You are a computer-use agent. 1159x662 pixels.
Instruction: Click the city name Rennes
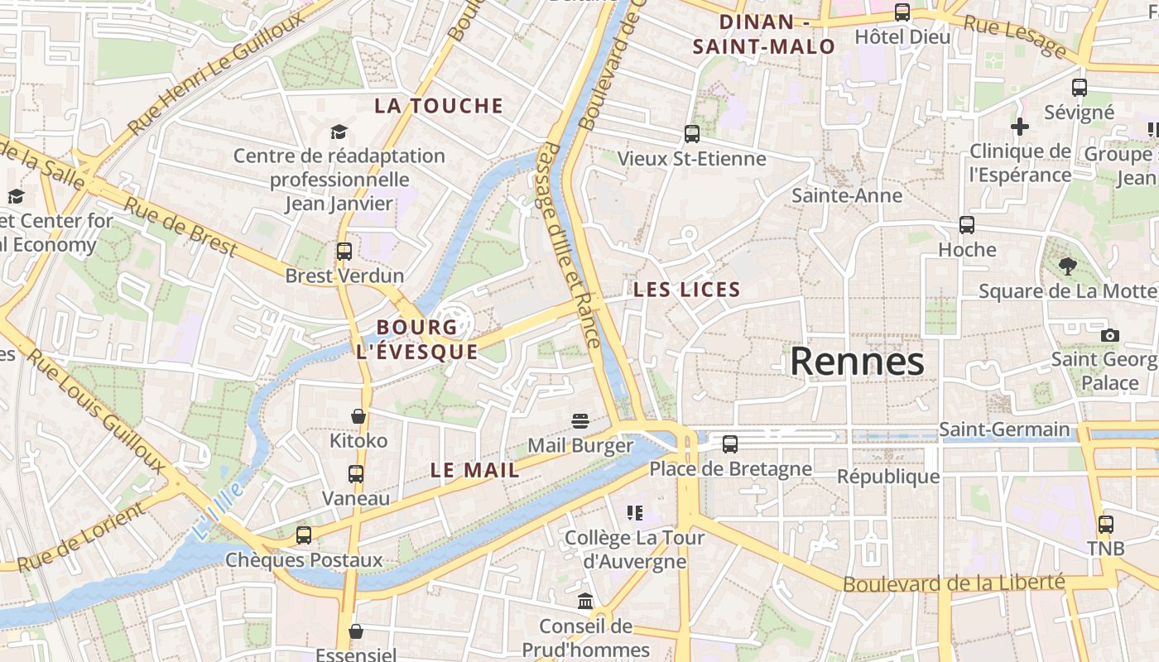(857, 362)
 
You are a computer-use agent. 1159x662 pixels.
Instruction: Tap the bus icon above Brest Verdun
(344, 251)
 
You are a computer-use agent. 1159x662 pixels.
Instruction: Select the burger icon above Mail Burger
(579, 420)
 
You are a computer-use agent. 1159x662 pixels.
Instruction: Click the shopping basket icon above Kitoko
(358, 415)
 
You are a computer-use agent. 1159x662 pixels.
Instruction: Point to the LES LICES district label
(686, 290)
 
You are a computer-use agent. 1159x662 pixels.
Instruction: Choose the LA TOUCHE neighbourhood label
(439, 106)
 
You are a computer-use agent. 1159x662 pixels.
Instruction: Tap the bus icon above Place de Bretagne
(729, 444)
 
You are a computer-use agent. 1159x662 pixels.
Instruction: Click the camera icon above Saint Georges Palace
(1110, 335)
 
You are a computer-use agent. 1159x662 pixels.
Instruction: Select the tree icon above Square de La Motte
(1068, 266)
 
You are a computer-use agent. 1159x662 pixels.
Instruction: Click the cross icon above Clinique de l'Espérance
(1020, 127)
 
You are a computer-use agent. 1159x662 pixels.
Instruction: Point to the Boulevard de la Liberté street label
(954, 583)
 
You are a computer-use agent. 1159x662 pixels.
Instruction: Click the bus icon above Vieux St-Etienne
(692, 133)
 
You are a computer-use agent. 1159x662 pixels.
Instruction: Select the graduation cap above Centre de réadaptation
(339, 132)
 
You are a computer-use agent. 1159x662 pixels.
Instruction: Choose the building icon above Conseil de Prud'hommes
(585, 601)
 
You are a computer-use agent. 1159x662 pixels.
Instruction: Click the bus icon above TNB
(1106, 524)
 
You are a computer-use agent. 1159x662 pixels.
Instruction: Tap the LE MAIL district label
(475, 471)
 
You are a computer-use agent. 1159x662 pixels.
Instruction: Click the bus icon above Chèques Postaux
(304, 535)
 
